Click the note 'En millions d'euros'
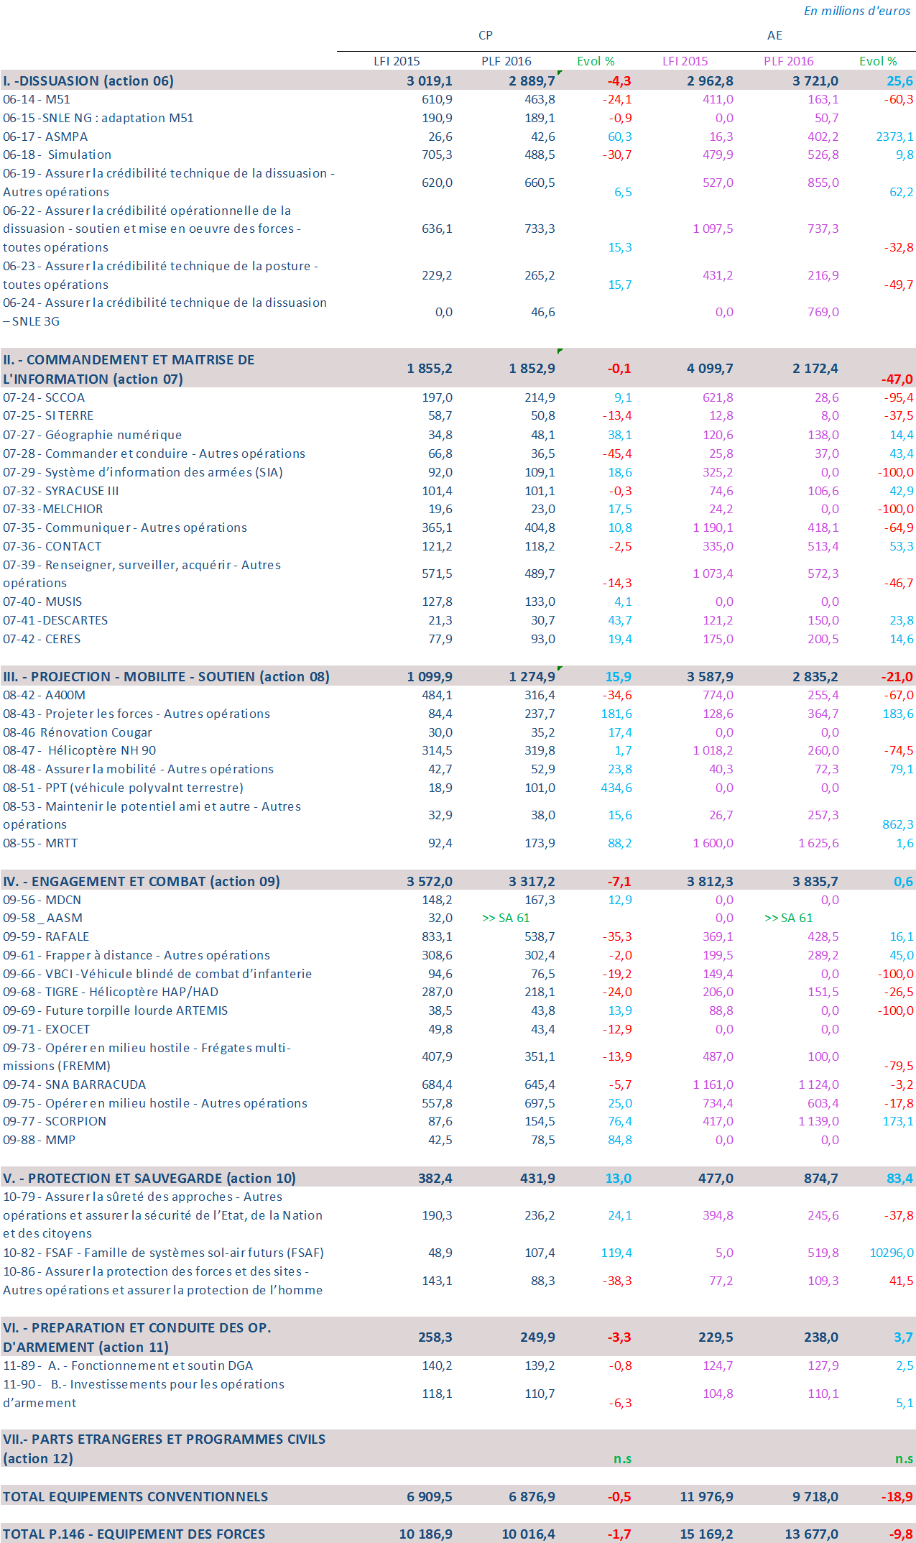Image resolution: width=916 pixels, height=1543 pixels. (x=856, y=11)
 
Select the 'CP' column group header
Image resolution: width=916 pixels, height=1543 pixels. (x=486, y=35)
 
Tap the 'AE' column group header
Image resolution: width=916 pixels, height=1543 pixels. (x=774, y=35)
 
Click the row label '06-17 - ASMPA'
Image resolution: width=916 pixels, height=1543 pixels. (x=45, y=137)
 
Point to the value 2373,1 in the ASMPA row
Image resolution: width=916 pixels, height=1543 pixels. (x=894, y=137)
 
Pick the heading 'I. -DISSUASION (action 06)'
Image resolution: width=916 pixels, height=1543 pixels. (x=88, y=80)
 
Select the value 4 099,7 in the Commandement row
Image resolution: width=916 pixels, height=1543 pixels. (x=710, y=369)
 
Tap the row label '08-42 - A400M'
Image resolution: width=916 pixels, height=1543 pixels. (x=44, y=695)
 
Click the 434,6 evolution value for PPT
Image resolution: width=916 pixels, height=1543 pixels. (x=616, y=788)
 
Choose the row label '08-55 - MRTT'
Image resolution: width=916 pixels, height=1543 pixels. (x=40, y=843)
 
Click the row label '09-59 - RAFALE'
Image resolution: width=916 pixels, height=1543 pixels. (x=46, y=936)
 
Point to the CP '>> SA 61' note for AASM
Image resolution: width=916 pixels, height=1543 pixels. (x=506, y=918)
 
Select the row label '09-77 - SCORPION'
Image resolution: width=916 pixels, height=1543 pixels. (x=55, y=1121)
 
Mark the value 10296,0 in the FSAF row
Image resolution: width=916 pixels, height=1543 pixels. (x=892, y=1253)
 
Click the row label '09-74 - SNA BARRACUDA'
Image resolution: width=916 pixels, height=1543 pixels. (x=74, y=1084)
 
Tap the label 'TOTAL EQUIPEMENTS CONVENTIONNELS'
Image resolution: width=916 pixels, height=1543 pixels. (x=135, y=1496)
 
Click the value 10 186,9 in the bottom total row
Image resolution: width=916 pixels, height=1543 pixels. (x=425, y=1534)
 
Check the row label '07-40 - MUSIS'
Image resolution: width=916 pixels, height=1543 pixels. (x=42, y=602)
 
